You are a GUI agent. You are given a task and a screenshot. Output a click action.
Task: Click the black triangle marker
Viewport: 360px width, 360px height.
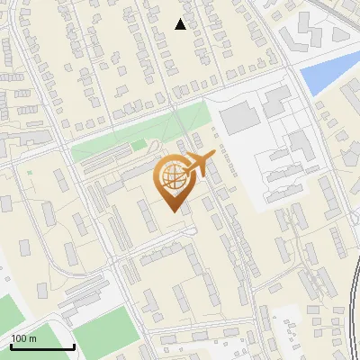[x=181, y=24]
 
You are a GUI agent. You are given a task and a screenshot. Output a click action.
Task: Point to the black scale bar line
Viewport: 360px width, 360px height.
[x=42, y=346]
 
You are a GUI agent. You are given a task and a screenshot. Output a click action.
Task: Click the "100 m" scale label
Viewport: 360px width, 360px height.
[x=24, y=338]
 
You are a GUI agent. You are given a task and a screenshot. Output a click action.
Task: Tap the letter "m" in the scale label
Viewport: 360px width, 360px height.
[x=32, y=338]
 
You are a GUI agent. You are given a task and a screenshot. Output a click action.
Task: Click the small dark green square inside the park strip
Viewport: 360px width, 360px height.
[x=138, y=144]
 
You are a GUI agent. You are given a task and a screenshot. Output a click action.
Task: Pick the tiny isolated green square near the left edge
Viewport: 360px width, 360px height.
[x=29, y=172]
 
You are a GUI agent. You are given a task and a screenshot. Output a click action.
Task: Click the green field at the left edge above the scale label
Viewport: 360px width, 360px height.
[x=7, y=311]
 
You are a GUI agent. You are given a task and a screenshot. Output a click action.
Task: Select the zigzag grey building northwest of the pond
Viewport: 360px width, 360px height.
[x=297, y=37]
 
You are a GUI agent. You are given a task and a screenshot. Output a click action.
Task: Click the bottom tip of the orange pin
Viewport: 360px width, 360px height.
[x=174, y=211]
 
